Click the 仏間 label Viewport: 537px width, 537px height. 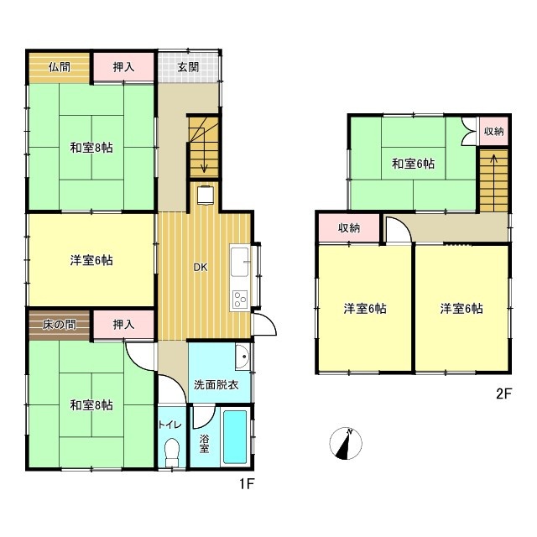[60, 67]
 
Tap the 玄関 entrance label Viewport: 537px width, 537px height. [188, 67]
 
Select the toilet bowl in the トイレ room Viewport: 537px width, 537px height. [172, 452]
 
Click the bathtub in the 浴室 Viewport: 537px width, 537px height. [235, 437]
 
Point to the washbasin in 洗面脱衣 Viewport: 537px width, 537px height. [242, 357]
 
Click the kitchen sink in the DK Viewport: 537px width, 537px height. [239, 262]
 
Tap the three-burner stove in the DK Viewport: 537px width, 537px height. [240, 299]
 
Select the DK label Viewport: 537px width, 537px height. [201, 268]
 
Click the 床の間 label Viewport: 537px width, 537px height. [60, 325]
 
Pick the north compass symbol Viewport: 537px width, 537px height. [346, 444]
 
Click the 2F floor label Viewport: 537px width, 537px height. [503, 394]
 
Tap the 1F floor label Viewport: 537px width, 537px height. [247, 484]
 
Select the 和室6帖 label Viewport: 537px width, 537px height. [413, 164]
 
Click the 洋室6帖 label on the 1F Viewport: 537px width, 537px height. [91, 261]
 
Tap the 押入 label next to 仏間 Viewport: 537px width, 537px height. [123, 67]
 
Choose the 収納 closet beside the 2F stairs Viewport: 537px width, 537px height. [494, 131]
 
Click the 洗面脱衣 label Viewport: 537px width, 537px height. [216, 385]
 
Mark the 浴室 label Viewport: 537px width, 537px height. [204, 444]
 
